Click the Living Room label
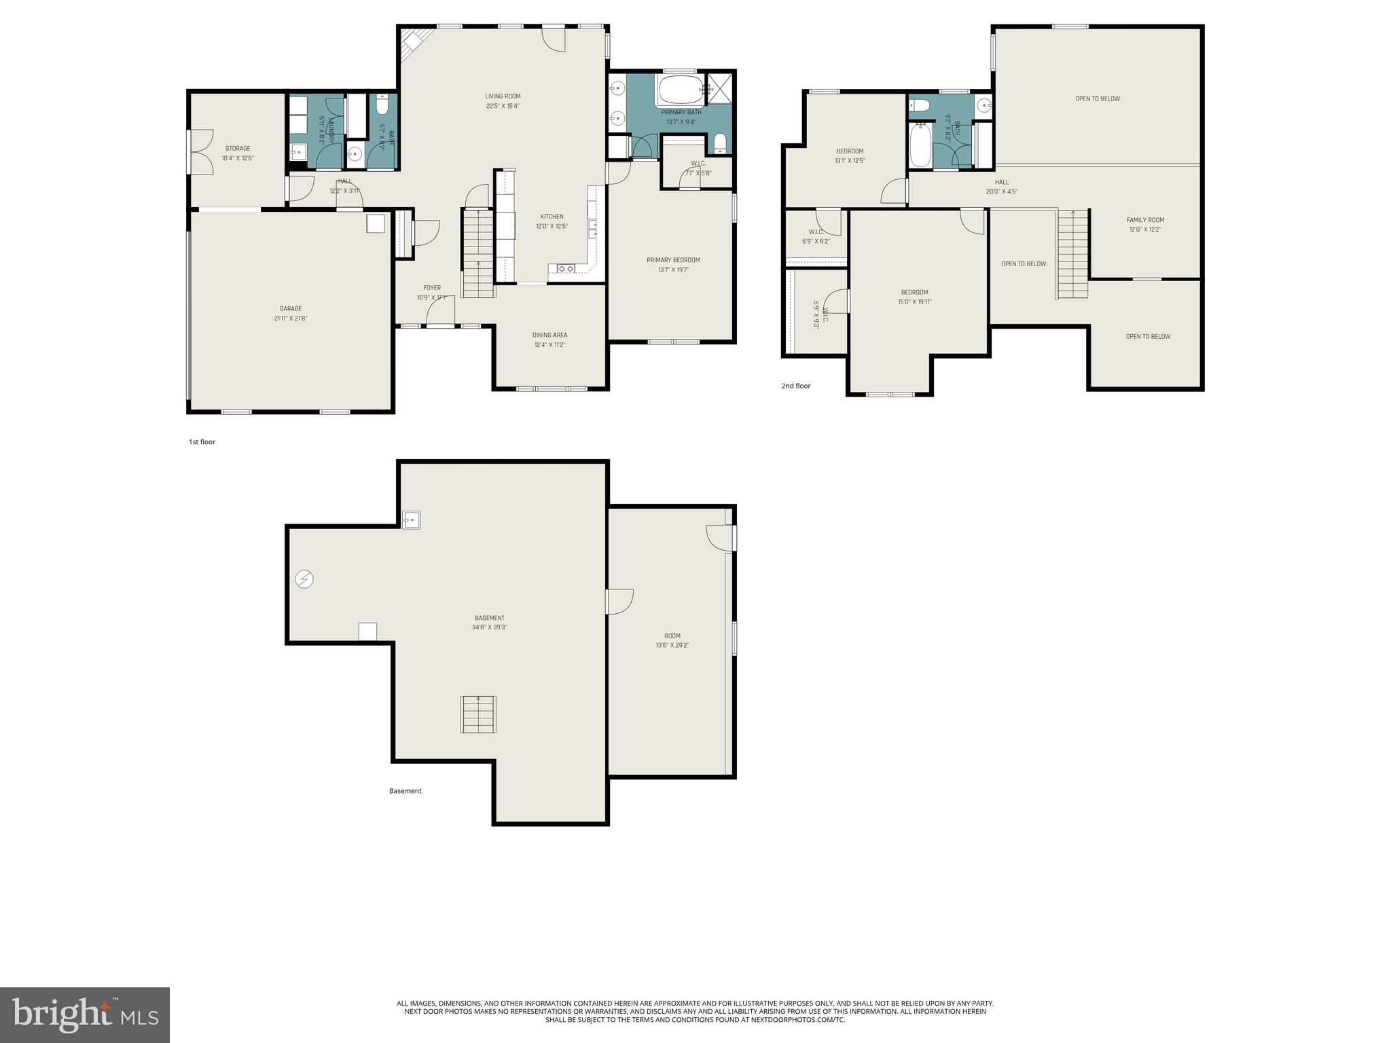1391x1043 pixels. click(x=503, y=96)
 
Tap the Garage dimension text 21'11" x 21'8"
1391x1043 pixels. click(x=291, y=318)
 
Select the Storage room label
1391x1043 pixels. click(x=238, y=148)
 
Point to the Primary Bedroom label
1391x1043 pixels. click(x=673, y=260)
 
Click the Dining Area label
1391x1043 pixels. click(x=549, y=335)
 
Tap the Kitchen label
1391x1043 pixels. click(x=552, y=217)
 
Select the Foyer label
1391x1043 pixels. click(x=432, y=288)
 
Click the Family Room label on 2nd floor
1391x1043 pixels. click(x=1145, y=220)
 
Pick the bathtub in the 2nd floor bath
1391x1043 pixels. click(x=920, y=144)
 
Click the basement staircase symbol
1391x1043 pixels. click(x=478, y=714)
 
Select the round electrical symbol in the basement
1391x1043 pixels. click(x=304, y=579)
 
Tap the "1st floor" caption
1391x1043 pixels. click(x=202, y=442)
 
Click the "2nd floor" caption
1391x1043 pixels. click(x=795, y=386)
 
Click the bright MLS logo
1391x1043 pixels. click(x=85, y=1014)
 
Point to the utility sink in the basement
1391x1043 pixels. click(x=411, y=520)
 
